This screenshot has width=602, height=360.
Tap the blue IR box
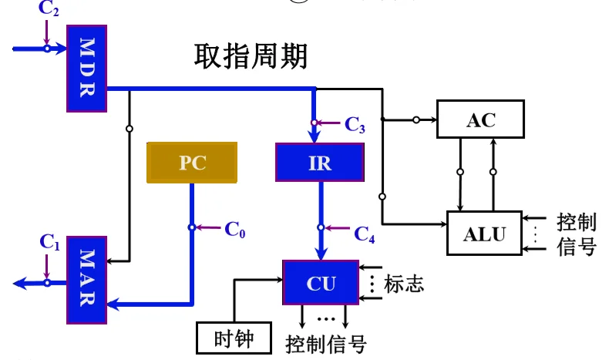[319, 163]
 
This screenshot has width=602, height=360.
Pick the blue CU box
[321, 283]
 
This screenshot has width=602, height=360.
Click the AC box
[480, 119]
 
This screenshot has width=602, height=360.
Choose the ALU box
[485, 234]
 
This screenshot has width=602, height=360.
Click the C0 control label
[235, 228]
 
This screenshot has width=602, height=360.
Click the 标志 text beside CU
[404, 283]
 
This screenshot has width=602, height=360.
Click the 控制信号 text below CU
[325, 342]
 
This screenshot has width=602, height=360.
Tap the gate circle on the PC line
[191, 227]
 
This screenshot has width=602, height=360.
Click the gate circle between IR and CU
[320, 228]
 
